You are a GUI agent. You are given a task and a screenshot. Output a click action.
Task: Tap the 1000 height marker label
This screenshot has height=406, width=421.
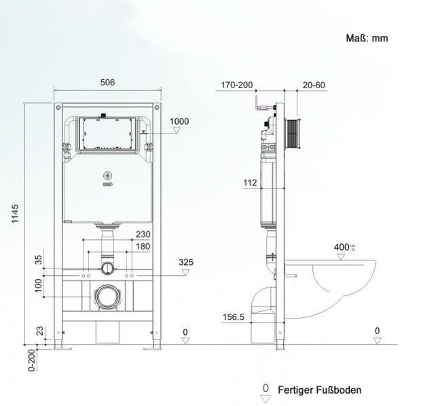(x=179, y=121)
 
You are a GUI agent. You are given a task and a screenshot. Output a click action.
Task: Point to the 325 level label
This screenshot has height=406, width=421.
(x=186, y=262)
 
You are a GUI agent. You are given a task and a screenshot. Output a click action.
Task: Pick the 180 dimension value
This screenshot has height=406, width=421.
(x=142, y=246)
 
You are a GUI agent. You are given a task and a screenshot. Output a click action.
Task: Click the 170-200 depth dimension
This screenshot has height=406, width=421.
(x=236, y=85)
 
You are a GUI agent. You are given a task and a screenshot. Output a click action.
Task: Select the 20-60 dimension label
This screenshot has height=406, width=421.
(x=314, y=85)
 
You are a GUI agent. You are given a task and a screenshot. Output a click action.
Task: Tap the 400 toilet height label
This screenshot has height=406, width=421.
(x=342, y=247)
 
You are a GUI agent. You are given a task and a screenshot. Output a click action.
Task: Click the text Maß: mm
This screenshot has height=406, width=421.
(x=366, y=39)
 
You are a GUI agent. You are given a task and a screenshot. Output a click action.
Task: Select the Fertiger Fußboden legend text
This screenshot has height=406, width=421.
(x=319, y=390)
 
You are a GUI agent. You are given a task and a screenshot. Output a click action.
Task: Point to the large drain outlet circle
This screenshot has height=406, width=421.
(x=107, y=296)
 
